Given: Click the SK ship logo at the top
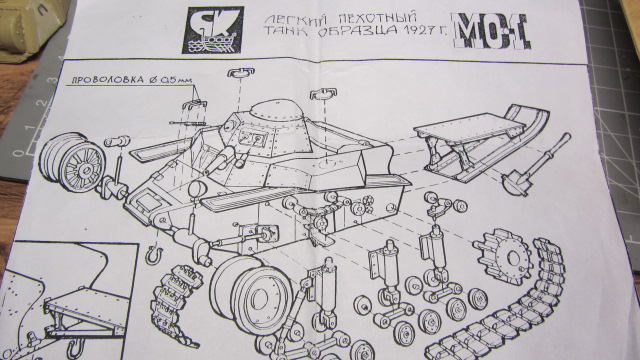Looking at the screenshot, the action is (212, 29).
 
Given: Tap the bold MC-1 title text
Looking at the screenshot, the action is (490, 31).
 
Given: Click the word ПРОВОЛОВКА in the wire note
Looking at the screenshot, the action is (108, 80).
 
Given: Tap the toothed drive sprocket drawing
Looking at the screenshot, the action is (503, 256).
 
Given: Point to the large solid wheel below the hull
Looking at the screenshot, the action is (252, 295).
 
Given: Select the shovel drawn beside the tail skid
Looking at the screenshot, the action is (537, 164).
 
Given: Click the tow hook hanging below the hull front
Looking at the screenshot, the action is (155, 255).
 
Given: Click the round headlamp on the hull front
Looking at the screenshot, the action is (197, 189).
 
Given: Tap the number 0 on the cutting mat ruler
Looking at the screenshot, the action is (18, 153).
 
